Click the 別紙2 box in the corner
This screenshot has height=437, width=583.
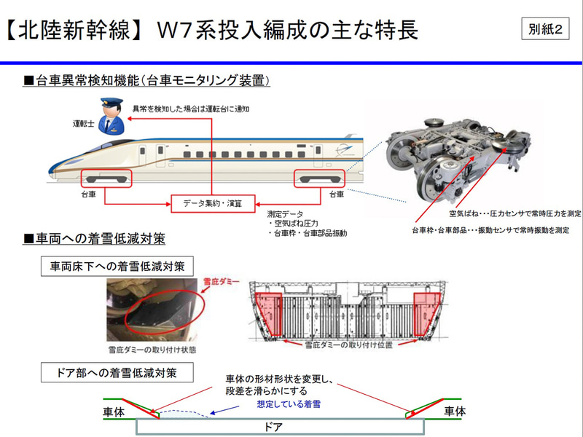point(547,31)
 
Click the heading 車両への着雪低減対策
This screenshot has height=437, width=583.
point(95,239)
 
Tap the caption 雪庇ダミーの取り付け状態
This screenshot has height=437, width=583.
point(151,349)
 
